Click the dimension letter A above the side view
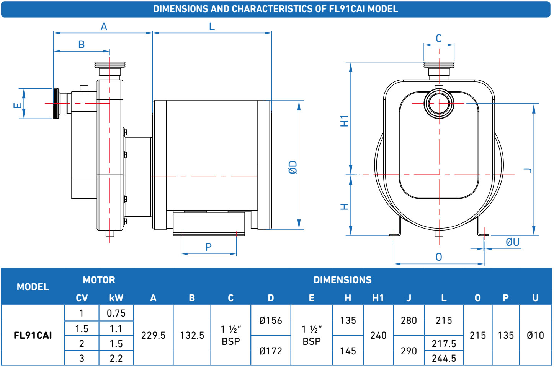pos(104,27)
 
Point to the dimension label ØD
pos(293,167)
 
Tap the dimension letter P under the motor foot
pos(208,247)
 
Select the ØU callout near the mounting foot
pos(512,242)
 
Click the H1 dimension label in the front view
pos(345,120)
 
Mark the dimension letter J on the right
pos(528,170)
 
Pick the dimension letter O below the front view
pos(439,257)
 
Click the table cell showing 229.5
pos(153,335)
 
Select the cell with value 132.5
pos(192,335)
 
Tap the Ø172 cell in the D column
pos(271,351)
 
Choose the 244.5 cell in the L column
pos(444,358)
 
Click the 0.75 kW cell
pos(116,313)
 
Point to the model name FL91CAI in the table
pos(33,335)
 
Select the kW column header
pos(116,298)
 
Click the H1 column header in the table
pos(378,298)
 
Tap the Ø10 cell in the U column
pos(535,335)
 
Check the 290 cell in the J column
pos(409,351)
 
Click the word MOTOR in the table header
pos(99,280)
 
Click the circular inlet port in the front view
pos(439,103)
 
